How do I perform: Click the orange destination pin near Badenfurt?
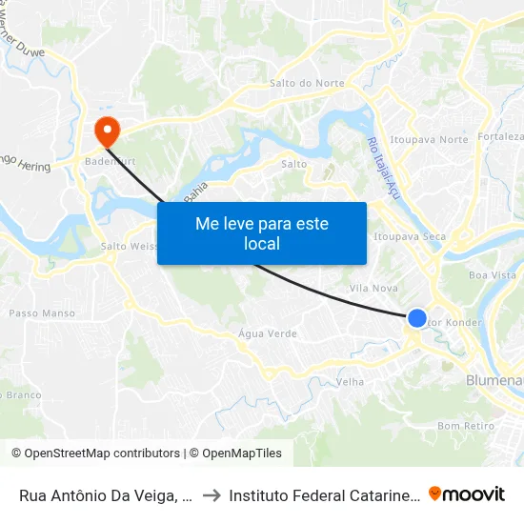(x=106, y=131)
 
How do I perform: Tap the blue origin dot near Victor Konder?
(x=417, y=318)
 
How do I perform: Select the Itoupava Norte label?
(x=430, y=139)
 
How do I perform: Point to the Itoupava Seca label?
(x=410, y=235)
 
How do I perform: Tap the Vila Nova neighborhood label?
(x=373, y=288)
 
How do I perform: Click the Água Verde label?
(x=268, y=334)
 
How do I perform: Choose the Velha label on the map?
(x=350, y=382)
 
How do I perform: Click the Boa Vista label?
(x=492, y=275)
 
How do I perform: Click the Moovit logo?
(x=467, y=494)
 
